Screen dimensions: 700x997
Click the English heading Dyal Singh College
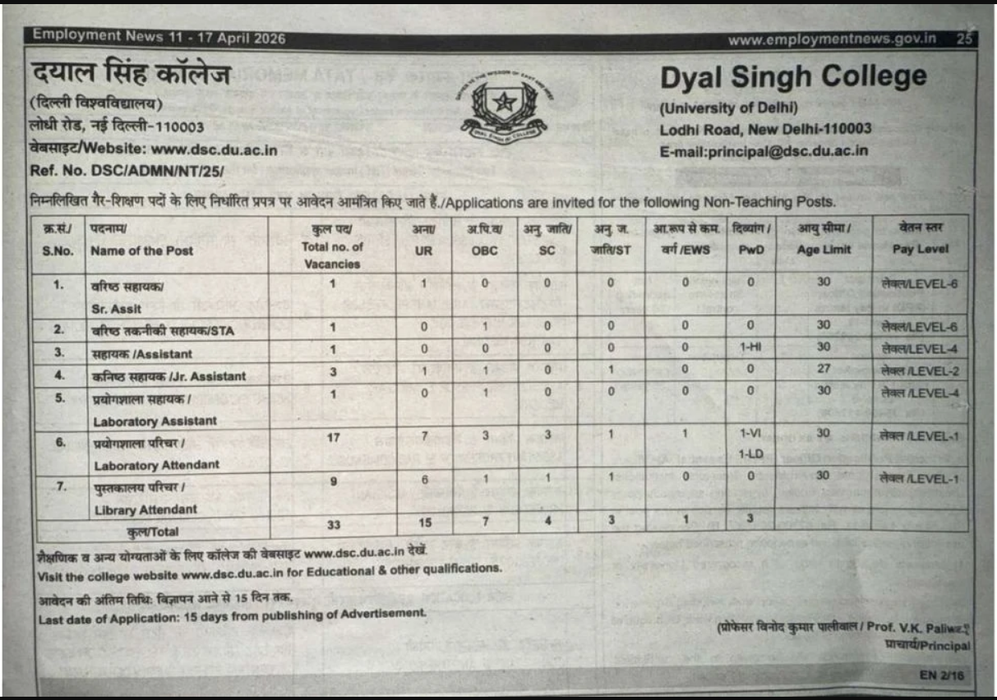point(792,78)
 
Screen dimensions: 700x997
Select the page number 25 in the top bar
point(964,39)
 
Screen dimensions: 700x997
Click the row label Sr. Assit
point(117,309)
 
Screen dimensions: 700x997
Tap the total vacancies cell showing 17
point(333,437)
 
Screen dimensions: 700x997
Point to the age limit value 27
point(824,369)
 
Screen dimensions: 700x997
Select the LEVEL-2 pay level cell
point(920,371)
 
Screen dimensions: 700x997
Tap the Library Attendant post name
point(145,509)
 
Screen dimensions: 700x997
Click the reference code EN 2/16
point(945,675)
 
